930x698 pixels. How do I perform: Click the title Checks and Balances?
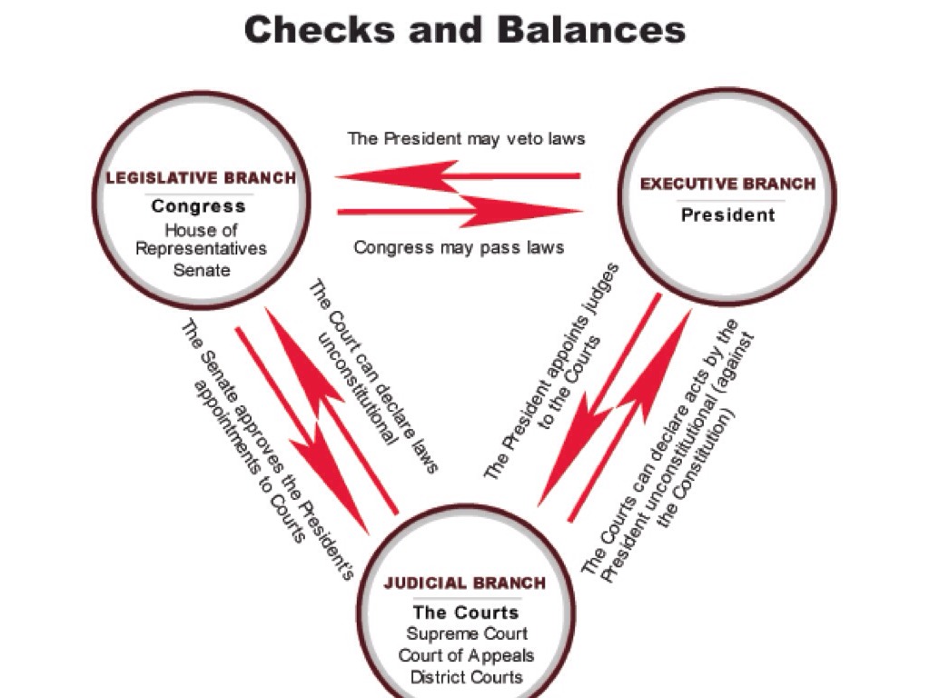tap(464, 29)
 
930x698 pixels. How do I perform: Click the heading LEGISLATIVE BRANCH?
tap(201, 178)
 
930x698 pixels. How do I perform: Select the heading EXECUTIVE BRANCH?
tap(727, 184)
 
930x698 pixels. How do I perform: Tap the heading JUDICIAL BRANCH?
tap(465, 583)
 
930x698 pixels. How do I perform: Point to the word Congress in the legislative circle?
tap(198, 206)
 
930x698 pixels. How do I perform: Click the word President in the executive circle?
tap(728, 215)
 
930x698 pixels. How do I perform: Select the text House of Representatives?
tap(201, 239)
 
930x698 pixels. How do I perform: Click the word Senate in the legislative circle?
tap(202, 270)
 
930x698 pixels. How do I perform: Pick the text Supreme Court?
tap(466, 633)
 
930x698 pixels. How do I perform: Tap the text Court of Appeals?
tap(466, 655)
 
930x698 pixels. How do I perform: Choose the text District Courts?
tap(466, 677)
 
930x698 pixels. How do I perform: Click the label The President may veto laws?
tap(466, 139)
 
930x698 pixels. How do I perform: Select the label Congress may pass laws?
tap(459, 247)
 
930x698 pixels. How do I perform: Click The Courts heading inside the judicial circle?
tap(466, 612)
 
